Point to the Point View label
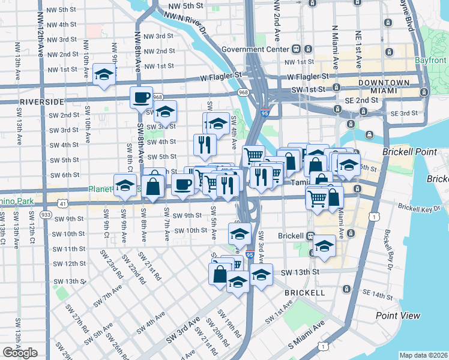click(x=398, y=316)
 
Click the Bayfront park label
click(x=430, y=61)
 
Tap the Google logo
click(x=20, y=352)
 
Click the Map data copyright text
click(x=424, y=355)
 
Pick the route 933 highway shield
click(x=46, y=214)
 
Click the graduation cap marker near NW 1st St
click(x=104, y=74)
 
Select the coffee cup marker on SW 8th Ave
click(x=142, y=97)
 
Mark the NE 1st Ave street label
click(x=358, y=48)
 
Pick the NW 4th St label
click(x=59, y=25)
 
